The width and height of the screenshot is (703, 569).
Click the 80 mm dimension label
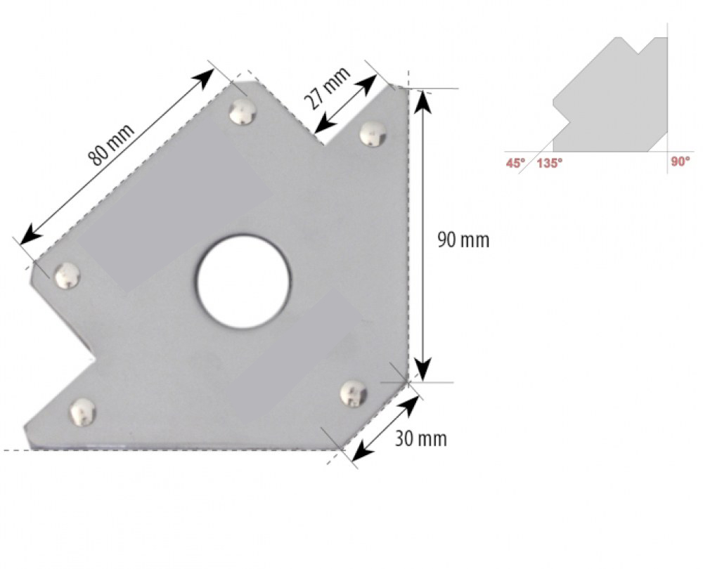[111, 144]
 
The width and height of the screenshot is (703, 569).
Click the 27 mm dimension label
[328, 89]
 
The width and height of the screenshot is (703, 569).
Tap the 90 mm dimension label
[463, 240]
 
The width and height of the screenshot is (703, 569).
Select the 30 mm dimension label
[420, 438]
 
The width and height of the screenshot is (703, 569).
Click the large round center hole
[243, 282]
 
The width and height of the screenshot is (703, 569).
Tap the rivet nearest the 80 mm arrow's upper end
[243, 112]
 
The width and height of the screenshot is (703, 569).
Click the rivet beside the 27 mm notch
[373, 133]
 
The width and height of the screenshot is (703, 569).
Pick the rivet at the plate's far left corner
[67, 275]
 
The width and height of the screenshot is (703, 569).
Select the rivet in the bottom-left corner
[83, 412]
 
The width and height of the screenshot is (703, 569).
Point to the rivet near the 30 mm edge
[354, 394]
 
